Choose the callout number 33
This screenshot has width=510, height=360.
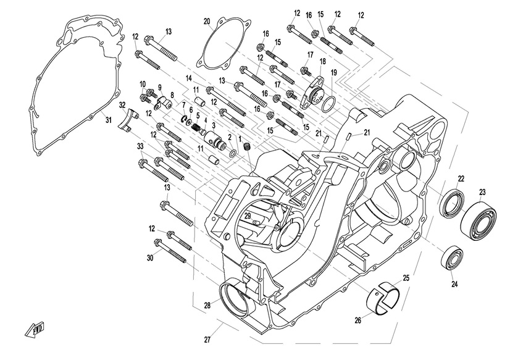140,146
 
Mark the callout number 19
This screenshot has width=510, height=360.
333,73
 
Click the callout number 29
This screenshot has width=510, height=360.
247,216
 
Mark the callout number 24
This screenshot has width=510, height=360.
455,285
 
